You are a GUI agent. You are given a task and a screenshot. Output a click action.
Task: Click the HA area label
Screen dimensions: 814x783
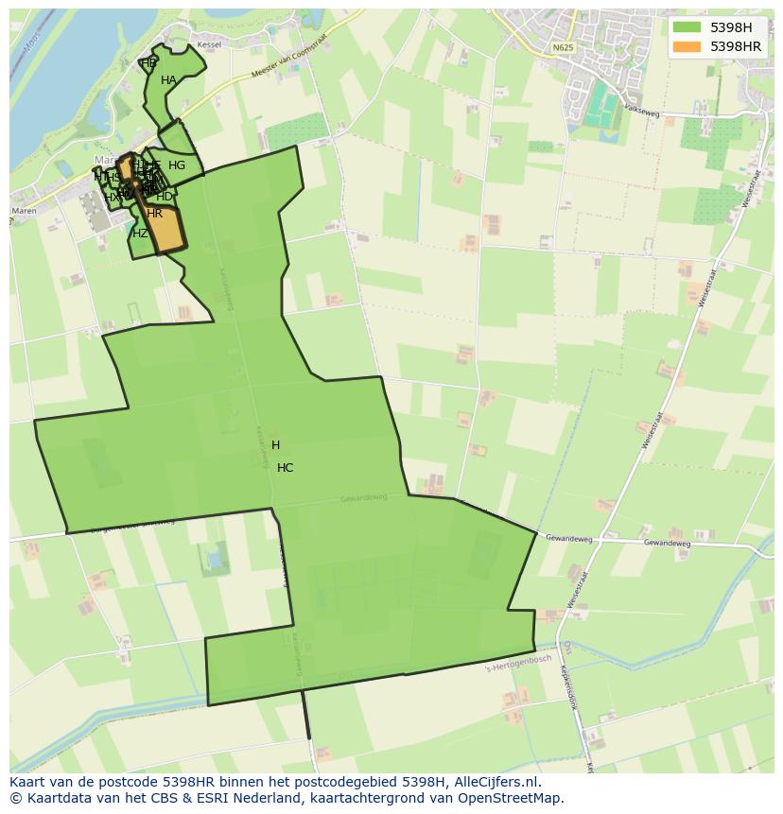(168, 80)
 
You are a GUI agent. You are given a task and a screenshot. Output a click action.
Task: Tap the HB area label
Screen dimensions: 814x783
(148, 63)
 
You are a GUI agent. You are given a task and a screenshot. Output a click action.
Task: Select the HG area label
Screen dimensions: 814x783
(177, 165)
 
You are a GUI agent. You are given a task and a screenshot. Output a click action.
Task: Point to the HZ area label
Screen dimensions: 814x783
(140, 234)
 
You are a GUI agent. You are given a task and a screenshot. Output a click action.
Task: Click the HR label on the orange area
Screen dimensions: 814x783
(155, 214)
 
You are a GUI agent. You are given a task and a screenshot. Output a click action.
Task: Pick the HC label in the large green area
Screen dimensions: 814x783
(285, 468)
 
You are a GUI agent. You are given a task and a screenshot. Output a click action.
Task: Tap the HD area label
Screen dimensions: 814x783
(165, 197)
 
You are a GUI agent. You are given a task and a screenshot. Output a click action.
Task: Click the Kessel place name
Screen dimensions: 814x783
(209, 45)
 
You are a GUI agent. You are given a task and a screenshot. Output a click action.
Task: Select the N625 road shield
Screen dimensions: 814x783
(563, 47)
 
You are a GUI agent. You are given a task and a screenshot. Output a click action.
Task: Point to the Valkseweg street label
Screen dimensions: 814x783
(641, 111)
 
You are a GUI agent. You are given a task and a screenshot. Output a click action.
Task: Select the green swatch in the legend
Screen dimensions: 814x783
(687, 27)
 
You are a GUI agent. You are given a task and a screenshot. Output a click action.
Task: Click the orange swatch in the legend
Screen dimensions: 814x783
(687, 46)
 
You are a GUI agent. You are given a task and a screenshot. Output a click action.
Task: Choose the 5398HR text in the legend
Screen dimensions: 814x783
(736, 46)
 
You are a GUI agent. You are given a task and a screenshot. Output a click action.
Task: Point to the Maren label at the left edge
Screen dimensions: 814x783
(25, 211)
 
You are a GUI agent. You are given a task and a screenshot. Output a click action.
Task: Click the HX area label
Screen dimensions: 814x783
(112, 198)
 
